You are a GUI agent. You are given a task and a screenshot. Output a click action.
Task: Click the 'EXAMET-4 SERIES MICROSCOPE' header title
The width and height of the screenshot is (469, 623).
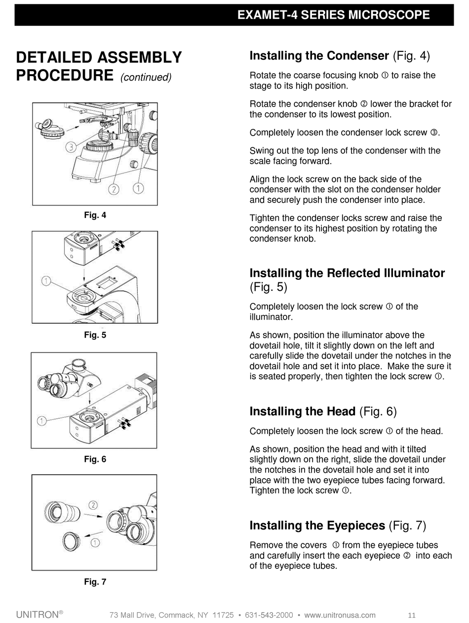(333, 15)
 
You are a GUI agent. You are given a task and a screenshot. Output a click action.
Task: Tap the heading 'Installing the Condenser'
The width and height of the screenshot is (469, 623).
(319, 56)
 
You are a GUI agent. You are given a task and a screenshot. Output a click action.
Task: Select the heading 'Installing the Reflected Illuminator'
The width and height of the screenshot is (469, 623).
(347, 273)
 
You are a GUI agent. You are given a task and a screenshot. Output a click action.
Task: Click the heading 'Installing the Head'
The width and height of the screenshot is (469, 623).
(302, 411)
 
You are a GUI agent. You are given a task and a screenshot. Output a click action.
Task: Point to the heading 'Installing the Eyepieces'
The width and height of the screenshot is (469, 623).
(317, 525)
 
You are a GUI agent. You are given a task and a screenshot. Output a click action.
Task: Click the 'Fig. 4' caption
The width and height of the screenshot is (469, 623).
(95, 215)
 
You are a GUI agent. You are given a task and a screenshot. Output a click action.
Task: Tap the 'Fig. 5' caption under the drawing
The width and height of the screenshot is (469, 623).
(95, 335)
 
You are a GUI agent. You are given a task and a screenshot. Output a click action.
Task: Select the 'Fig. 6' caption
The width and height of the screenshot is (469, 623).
(95, 459)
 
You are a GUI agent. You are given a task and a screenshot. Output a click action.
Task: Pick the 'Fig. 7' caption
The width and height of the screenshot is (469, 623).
(95, 582)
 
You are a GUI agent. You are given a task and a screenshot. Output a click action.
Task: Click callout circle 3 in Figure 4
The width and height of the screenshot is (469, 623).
(71, 147)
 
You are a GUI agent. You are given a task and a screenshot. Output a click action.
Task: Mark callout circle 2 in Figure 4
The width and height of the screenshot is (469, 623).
(114, 189)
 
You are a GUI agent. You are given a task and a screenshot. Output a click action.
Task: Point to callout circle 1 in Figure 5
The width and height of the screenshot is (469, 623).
(46, 281)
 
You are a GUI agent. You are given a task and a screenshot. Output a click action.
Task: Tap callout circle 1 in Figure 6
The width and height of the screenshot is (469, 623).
(42, 421)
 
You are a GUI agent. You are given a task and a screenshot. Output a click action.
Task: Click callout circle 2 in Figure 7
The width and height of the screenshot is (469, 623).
(93, 505)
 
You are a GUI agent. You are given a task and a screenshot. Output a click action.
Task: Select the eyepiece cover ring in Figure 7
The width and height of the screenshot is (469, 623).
(72, 541)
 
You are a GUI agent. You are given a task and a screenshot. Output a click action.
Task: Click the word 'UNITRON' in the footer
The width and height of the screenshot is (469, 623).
(37, 615)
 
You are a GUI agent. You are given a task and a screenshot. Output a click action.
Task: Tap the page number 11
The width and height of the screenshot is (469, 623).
(412, 615)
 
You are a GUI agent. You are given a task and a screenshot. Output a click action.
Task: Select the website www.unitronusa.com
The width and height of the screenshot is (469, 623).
(340, 615)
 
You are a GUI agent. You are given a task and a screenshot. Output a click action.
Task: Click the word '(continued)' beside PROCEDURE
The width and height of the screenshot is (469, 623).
(146, 78)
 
